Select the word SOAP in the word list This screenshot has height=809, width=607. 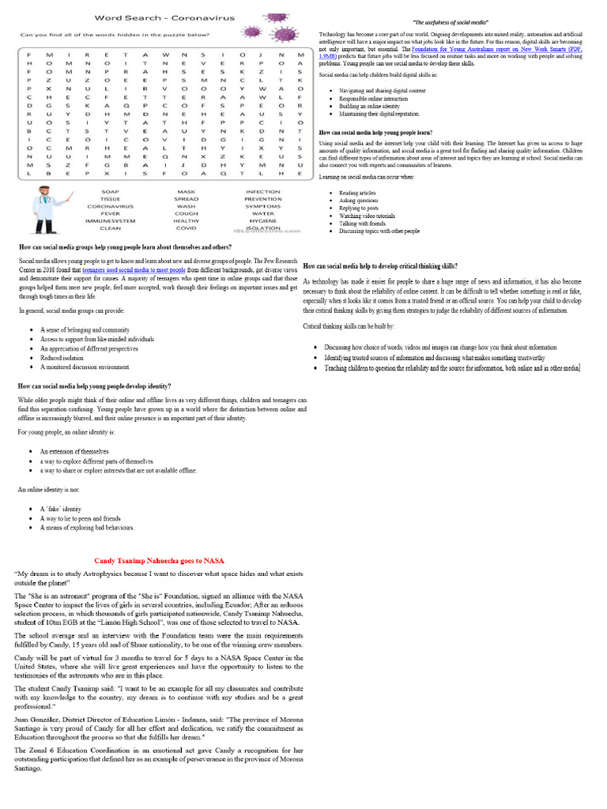(110, 192)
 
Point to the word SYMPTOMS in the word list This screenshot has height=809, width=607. (262, 206)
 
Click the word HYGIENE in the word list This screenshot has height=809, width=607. (262, 220)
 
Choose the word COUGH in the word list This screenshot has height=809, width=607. (187, 213)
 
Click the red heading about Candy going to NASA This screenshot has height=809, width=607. (159, 560)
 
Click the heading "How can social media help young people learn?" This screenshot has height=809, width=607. (377, 133)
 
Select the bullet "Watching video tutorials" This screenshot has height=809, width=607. (367, 216)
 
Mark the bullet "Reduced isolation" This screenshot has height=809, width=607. (64, 357)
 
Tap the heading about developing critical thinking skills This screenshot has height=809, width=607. (379, 266)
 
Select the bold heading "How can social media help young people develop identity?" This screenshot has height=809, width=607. (94, 386)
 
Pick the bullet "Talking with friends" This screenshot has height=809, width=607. (364, 224)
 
